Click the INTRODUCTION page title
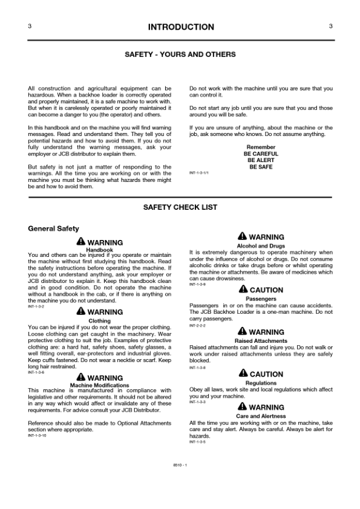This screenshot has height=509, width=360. point(180,27)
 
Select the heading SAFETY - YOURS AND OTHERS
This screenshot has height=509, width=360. point(180,54)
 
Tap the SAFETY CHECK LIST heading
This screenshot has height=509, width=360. point(180,207)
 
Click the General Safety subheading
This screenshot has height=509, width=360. point(53,229)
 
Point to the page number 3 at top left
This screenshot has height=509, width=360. point(30,26)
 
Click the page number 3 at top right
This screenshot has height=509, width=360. point(330,26)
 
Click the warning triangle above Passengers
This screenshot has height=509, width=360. point(243,290)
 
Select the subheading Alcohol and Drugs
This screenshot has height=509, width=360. point(261,246)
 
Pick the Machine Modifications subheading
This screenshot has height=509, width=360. point(99,385)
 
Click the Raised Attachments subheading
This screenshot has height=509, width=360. point(261,341)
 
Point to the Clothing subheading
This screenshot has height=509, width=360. point(99,321)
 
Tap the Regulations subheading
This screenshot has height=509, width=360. point(261,383)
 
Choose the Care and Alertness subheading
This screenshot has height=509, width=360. point(261,417)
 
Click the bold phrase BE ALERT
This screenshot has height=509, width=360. point(261,160)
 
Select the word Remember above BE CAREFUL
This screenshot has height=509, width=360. point(261,148)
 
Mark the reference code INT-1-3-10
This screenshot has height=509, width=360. point(37,436)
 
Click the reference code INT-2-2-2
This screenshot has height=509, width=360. point(197,326)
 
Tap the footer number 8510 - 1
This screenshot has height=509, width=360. point(180,464)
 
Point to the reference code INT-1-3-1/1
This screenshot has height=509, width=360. point(199,173)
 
